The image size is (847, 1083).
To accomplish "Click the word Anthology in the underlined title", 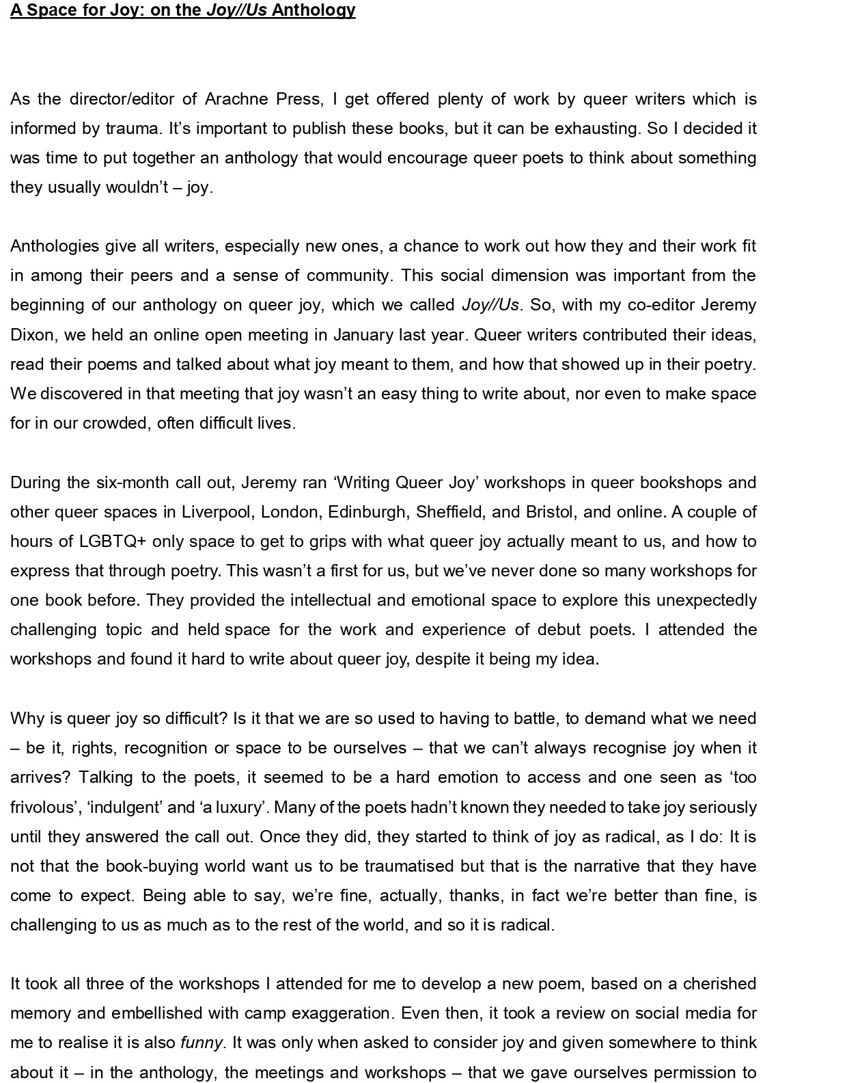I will click(314, 10).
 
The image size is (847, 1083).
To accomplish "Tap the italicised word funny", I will click(202, 1043).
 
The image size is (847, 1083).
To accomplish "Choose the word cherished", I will click(719, 984).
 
